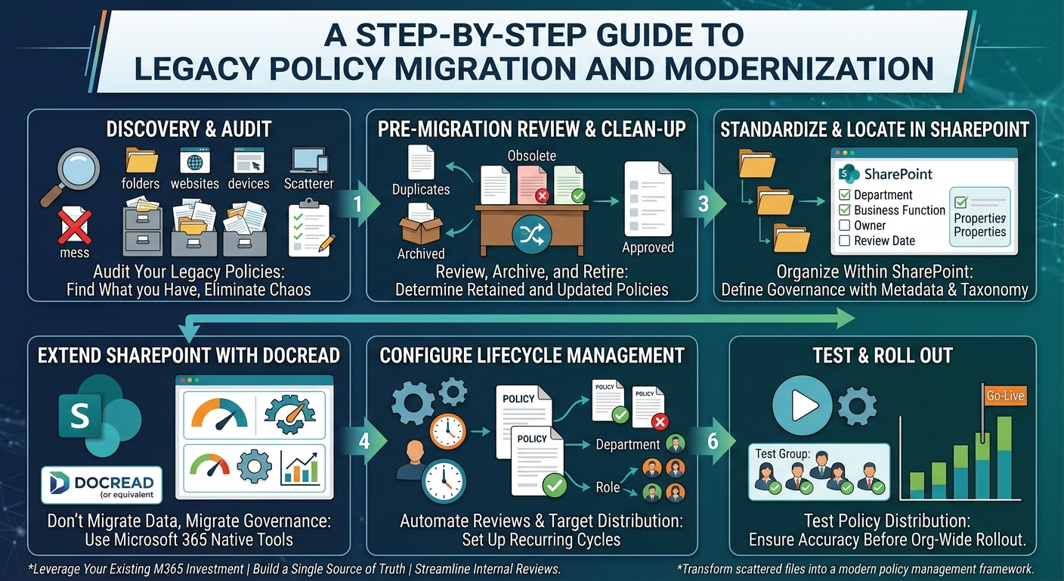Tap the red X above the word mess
coord(74,227)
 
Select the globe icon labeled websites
coord(195,162)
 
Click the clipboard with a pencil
coord(311,228)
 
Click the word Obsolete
coord(531,156)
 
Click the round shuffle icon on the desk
coord(531,235)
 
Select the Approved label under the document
coord(648,247)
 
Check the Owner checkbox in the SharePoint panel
coord(845,225)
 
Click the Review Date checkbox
coord(845,241)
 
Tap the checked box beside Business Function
coord(845,210)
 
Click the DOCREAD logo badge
coord(102,485)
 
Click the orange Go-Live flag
coord(1005,396)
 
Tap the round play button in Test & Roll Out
coord(803,405)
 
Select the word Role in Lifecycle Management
coord(608,487)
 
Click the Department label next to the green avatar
coord(627,445)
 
